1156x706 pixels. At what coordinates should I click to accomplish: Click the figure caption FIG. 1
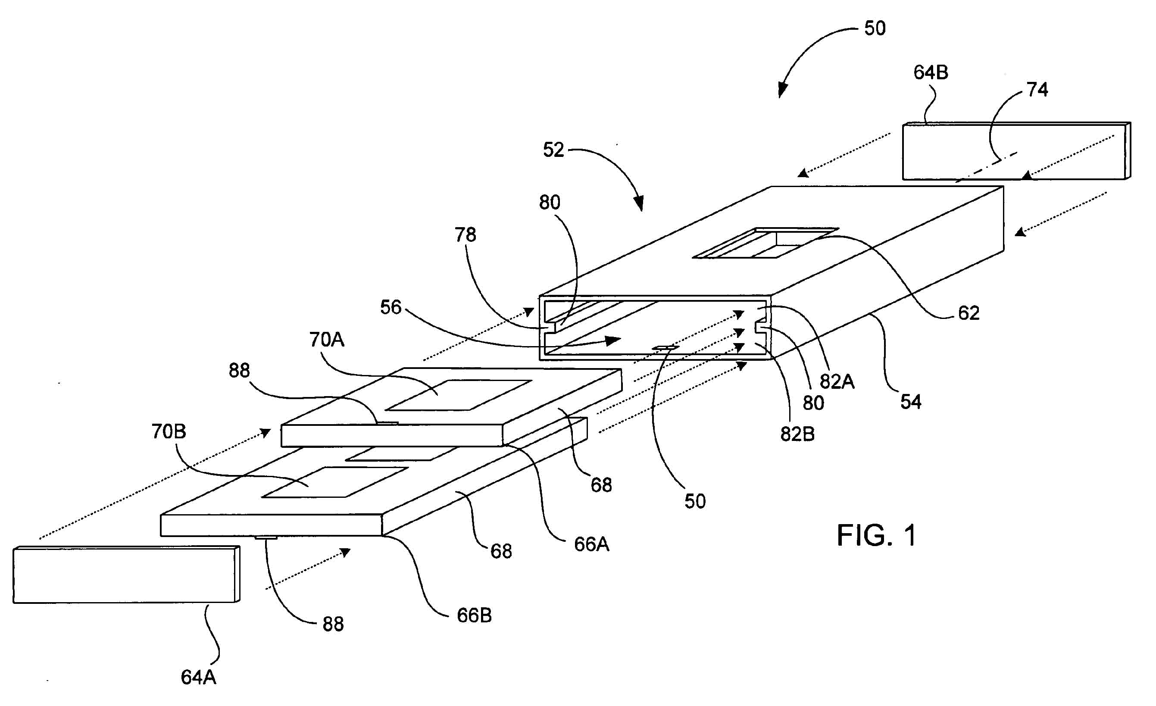point(876,535)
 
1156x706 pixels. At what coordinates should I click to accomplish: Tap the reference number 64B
point(931,72)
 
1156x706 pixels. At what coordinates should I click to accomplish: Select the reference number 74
point(1037,90)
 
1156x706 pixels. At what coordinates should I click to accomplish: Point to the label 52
point(553,150)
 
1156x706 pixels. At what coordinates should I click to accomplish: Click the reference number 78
point(466,234)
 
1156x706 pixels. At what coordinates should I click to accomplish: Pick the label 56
point(391,307)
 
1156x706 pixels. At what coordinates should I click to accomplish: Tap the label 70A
point(327,339)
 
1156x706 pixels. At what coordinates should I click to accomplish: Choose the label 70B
point(169,431)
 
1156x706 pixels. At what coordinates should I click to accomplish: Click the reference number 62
point(969,313)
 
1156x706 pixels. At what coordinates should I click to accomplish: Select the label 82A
point(837,381)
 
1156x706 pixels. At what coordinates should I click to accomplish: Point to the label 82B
point(797,434)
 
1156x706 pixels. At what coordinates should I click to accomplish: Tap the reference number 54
point(911,402)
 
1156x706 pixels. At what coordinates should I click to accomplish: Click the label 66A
point(592,544)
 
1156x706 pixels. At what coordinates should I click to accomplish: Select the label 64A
point(198,678)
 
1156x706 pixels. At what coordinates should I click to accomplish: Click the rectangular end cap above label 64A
point(126,574)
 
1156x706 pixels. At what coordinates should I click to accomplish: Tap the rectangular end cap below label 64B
point(1017,151)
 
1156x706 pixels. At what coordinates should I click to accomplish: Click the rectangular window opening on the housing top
point(765,243)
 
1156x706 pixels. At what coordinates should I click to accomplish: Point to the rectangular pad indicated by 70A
point(458,395)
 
